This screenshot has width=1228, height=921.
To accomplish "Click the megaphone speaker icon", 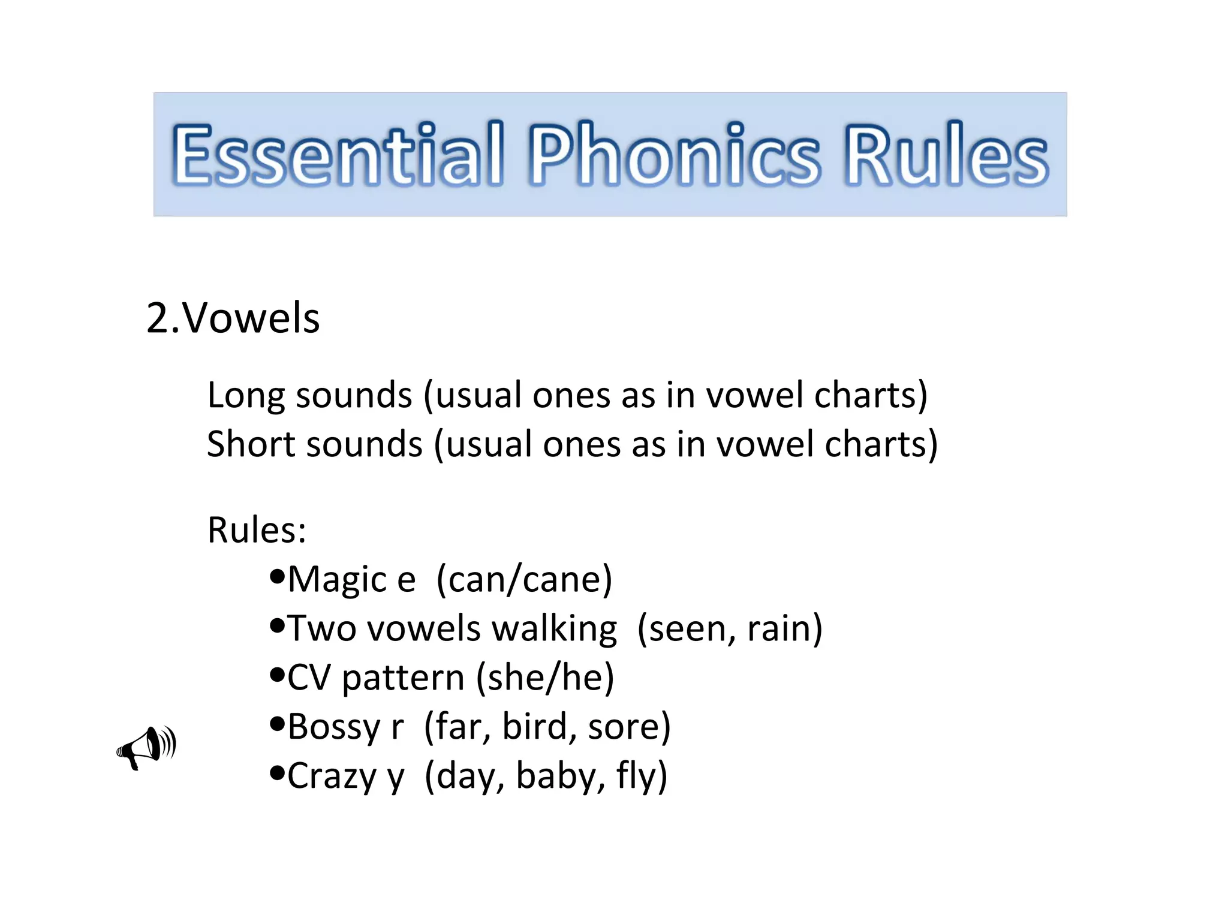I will (x=146, y=747).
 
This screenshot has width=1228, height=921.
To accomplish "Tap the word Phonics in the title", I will (x=674, y=154).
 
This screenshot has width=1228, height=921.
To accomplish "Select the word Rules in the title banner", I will (x=947, y=154).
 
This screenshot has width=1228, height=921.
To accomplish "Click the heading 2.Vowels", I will (x=233, y=318).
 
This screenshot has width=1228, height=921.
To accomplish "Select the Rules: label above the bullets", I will (x=257, y=530).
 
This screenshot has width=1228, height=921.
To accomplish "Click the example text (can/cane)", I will (x=524, y=579).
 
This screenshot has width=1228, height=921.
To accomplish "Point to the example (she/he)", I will (x=545, y=678).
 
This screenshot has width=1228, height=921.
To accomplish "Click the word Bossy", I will (x=334, y=727).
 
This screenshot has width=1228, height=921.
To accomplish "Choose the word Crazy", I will (x=332, y=776).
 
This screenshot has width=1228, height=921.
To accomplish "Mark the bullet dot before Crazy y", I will (x=276, y=773).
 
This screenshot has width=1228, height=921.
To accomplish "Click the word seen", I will (x=690, y=629).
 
